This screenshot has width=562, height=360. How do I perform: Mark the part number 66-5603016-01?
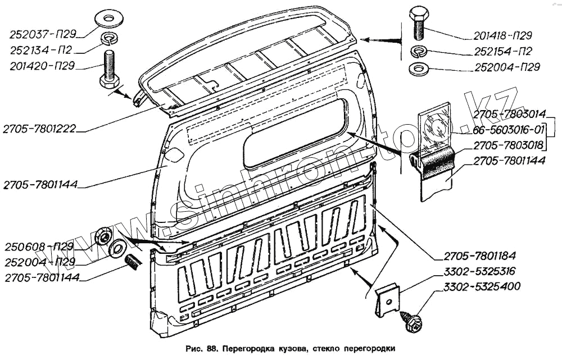[x=509, y=131]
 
